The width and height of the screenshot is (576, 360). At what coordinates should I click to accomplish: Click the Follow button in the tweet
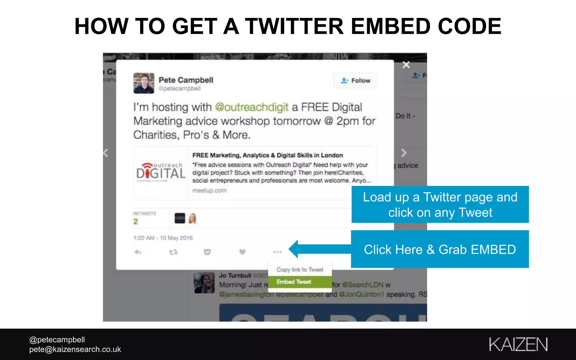point(355,81)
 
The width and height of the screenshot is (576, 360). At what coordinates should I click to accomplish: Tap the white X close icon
point(406,65)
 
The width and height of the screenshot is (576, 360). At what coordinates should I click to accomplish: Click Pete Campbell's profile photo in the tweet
point(144,83)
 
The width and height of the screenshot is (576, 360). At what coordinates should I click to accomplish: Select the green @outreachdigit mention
point(252,107)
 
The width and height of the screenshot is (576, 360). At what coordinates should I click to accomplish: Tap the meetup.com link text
point(209,191)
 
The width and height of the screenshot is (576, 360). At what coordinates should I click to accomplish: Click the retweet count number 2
point(136,222)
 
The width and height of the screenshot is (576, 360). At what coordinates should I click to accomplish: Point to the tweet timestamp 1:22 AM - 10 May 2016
point(163,238)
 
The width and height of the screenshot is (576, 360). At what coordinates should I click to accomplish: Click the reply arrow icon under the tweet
point(138,252)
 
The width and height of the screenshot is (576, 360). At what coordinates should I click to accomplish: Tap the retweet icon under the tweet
point(173,252)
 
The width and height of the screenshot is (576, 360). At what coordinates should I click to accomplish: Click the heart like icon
point(242,252)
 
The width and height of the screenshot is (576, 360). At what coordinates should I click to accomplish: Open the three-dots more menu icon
point(277,252)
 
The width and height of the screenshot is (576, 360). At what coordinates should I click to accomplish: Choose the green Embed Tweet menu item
point(294,282)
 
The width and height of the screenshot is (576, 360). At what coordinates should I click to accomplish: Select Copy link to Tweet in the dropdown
point(300,270)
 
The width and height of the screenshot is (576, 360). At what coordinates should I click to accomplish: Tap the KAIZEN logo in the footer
point(518,345)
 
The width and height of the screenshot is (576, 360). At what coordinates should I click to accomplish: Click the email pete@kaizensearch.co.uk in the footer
point(75,349)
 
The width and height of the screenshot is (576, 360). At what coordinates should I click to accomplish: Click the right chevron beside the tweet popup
point(404,153)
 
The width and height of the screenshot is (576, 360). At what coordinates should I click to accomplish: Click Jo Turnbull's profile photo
point(204,283)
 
